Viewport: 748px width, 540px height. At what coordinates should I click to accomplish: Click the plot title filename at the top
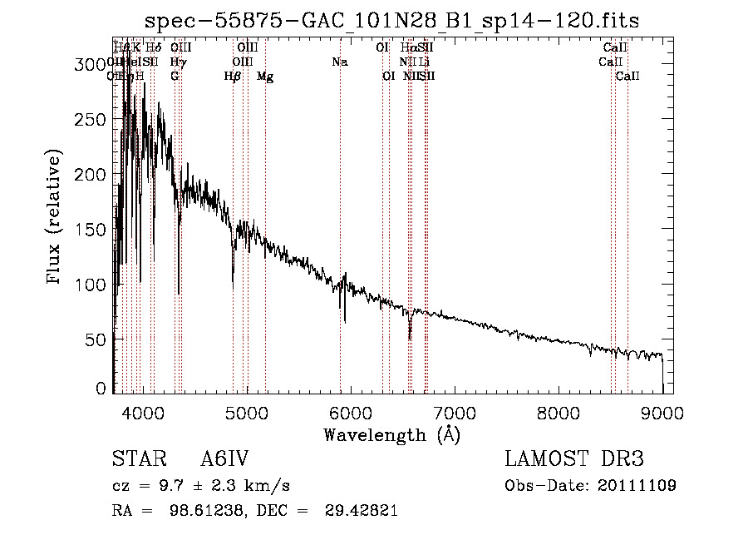tap(391, 20)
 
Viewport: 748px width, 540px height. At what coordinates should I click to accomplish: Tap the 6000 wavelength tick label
tap(350, 412)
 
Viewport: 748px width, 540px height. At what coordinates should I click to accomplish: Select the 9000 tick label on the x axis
tap(662, 412)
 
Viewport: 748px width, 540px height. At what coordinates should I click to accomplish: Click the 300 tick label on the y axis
tap(93, 64)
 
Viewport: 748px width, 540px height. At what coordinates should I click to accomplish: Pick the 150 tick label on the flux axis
tap(93, 230)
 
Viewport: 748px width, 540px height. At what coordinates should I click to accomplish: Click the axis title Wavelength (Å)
tap(391, 434)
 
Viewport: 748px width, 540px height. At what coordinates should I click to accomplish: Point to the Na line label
tap(339, 62)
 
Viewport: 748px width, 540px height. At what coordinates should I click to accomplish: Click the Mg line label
tap(265, 77)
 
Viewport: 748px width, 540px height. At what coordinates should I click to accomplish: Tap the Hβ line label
tap(233, 77)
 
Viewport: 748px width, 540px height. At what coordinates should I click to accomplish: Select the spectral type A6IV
tap(224, 459)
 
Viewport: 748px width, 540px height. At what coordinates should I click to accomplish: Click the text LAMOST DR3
tap(574, 459)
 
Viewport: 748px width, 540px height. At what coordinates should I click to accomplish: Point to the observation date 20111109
tap(636, 486)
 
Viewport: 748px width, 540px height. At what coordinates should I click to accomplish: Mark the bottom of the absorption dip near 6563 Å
tap(410, 339)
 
